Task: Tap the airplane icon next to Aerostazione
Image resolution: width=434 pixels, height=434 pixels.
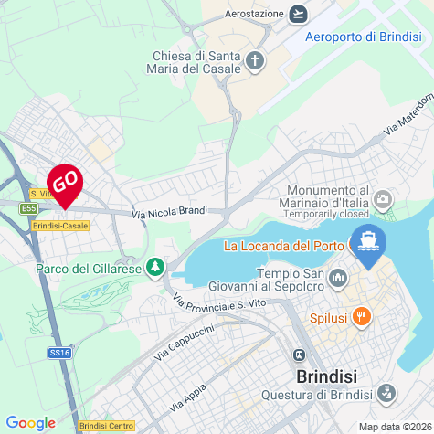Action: pos(298,14)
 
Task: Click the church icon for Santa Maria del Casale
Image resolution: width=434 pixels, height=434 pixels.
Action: pos(256,61)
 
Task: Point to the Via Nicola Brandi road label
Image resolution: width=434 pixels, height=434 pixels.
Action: pos(169,213)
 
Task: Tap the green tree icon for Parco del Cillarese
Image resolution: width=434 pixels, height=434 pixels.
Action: pos(157,267)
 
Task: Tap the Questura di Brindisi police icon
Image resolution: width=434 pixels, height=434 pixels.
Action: pos(386,395)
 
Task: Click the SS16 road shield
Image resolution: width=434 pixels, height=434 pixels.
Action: pos(60,352)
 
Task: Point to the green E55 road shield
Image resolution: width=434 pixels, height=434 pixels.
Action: pos(28,209)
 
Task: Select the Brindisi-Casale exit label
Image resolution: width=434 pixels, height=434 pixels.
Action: pos(59,225)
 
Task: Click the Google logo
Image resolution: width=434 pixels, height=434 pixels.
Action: pos(31,422)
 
